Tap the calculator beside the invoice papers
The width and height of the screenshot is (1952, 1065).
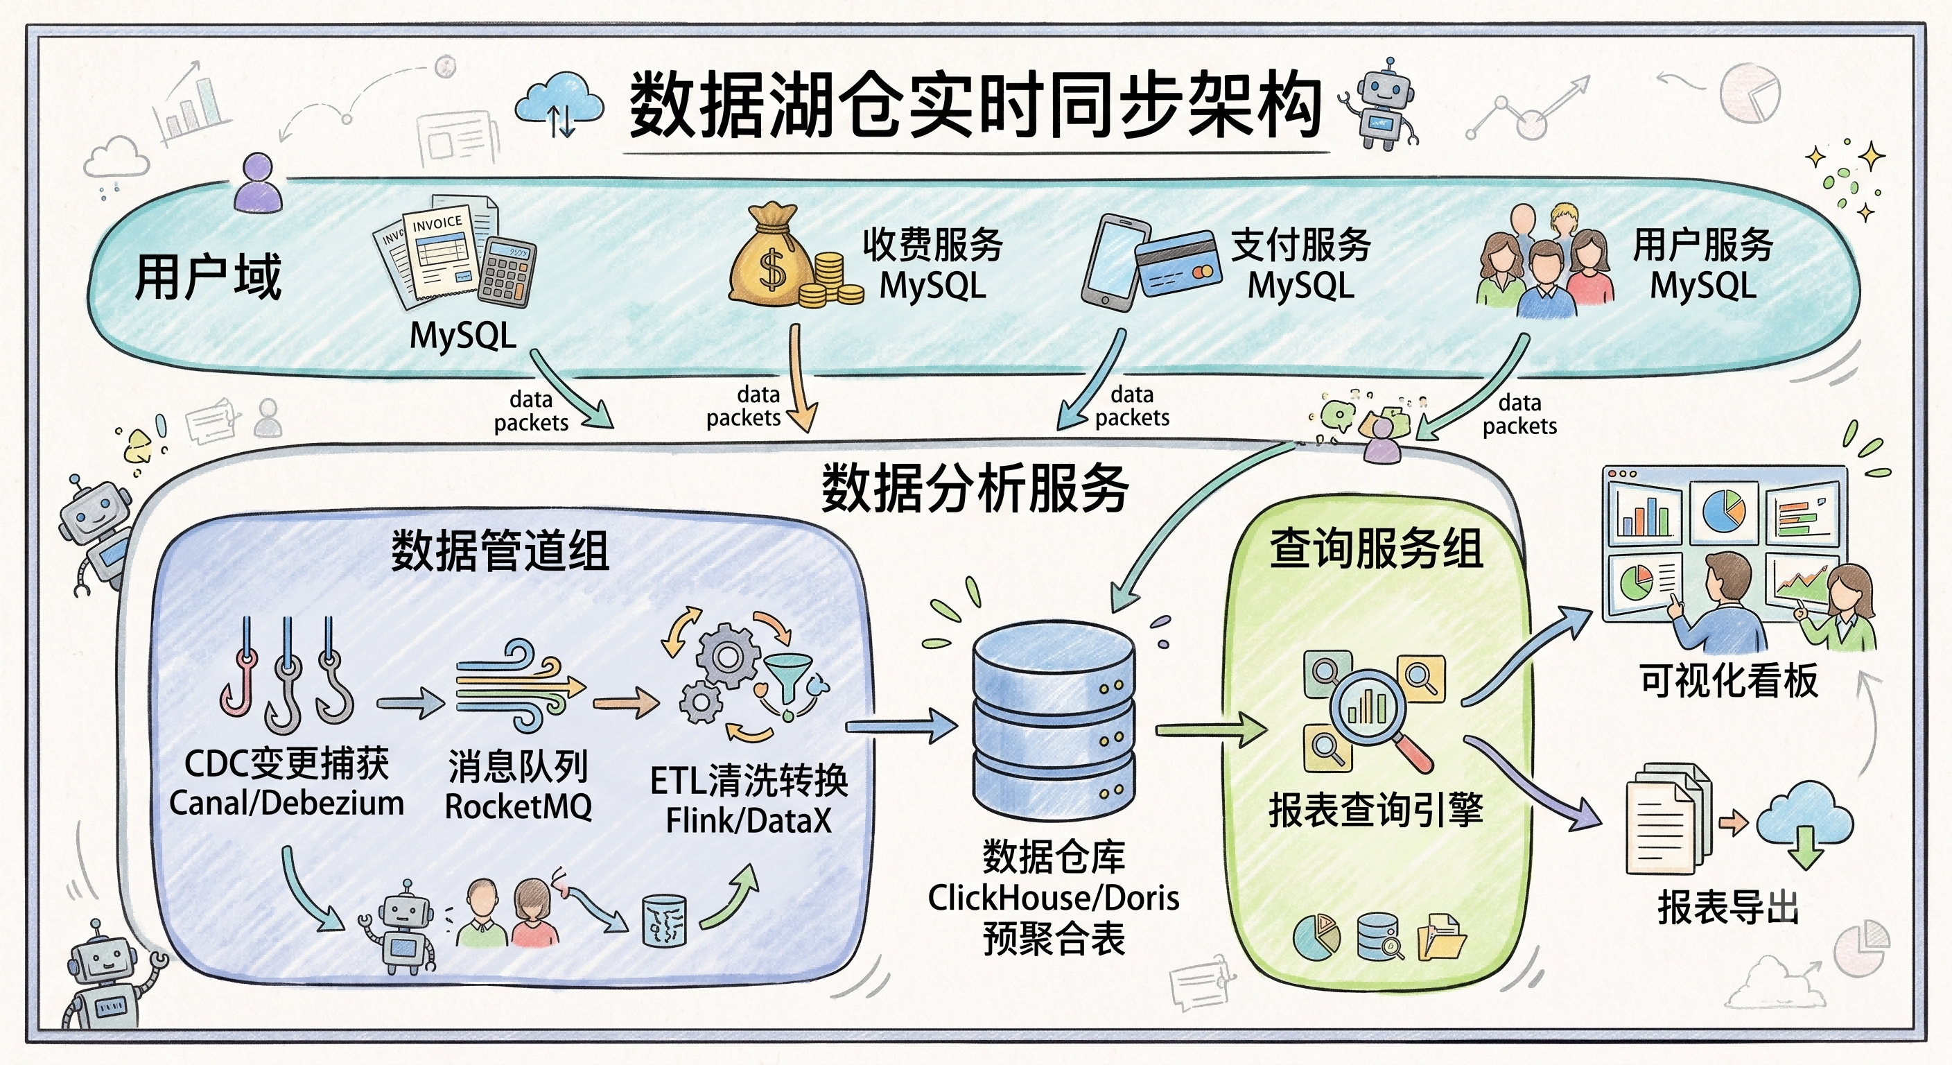tap(507, 271)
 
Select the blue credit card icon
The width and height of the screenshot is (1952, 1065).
tap(1179, 263)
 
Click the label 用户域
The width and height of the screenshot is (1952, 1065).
tap(209, 277)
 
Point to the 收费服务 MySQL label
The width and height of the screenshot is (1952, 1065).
tap(933, 266)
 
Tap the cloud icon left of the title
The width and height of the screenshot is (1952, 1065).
tap(559, 105)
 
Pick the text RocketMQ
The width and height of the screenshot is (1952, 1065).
tap(518, 806)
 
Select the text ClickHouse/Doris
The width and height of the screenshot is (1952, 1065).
tap(1054, 898)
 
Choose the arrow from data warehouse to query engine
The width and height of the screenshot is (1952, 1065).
tap(1211, 731)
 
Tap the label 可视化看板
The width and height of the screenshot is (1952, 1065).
tap(1729, 680)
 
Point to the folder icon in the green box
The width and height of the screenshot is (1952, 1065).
tap(1441, 937)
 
